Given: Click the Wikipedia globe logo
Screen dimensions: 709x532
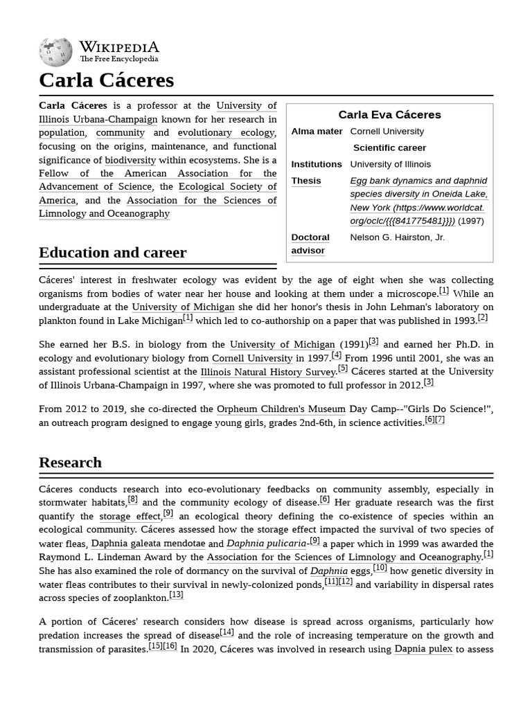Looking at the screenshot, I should [x=56, y=51].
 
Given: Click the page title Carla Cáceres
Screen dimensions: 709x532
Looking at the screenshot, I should [x=106, y=80].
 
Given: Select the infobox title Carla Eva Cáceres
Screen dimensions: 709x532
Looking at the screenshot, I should [x=389, y=115].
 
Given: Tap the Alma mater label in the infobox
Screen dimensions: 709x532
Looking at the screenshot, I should [x=317, y=132].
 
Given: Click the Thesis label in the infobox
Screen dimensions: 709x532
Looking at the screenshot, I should [x=306, y=181].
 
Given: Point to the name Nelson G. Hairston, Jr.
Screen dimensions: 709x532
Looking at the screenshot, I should [x=398, y=237].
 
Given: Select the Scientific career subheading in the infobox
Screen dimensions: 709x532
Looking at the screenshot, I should [x=389, y=148].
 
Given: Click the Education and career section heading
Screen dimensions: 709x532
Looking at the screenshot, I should [x=112, y=253].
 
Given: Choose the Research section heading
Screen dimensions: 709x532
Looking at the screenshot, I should [x=70, y=463].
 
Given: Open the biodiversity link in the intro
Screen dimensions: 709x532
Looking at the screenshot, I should [x=130, y=160].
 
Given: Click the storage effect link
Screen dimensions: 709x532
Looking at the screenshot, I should [x=130, y=517].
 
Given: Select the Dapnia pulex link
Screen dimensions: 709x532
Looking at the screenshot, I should [x=423, y=649].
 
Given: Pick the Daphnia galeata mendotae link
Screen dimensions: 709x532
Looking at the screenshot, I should [x=148, y=544].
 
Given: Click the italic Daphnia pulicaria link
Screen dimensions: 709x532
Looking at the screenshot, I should [x=266, y=544].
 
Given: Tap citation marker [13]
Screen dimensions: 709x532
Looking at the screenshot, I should [x=176, y=595].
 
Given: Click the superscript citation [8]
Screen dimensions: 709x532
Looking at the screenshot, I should [x=132, y=499].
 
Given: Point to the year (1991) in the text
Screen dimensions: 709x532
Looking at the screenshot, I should [x=353, y=345].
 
